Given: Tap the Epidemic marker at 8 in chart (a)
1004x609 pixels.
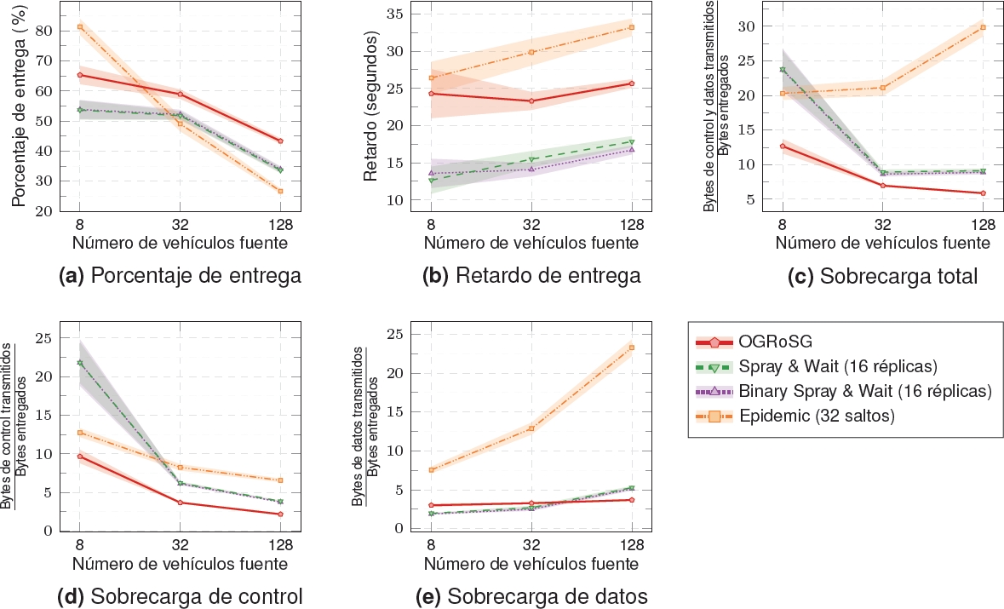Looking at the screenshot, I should tap(79, 27).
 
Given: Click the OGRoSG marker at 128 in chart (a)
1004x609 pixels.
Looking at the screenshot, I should tap(280, 141).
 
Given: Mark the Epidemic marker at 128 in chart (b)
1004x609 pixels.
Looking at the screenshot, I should tap(632, 27).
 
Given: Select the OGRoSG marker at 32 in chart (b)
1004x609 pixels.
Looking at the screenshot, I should tap(531, 101).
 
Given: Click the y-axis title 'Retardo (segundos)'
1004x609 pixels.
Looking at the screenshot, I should tap(370, 107).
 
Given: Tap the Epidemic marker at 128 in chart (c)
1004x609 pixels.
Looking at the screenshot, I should tap(983, 27).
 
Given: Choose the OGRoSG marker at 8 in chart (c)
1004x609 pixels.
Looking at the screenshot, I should tap(783, 146).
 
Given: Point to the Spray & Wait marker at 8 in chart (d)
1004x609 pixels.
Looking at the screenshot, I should tap(79, 363).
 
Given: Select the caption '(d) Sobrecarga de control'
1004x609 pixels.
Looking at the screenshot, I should tap(180, 595).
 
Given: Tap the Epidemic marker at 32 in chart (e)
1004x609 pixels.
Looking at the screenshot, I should tap(531, 428).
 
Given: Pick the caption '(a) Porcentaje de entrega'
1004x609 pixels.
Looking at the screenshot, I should tap(180, 276).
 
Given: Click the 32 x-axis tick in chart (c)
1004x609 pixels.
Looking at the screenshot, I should tap(882, 224).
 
